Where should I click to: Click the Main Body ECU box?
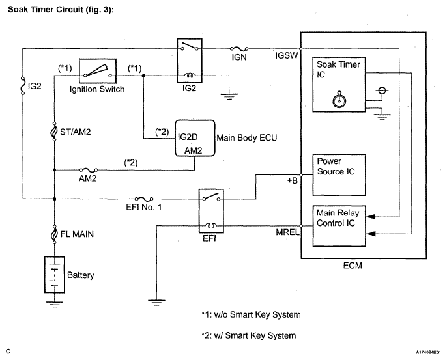click(x=194, y=137)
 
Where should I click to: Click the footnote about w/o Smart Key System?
click(x=250, y=315)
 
